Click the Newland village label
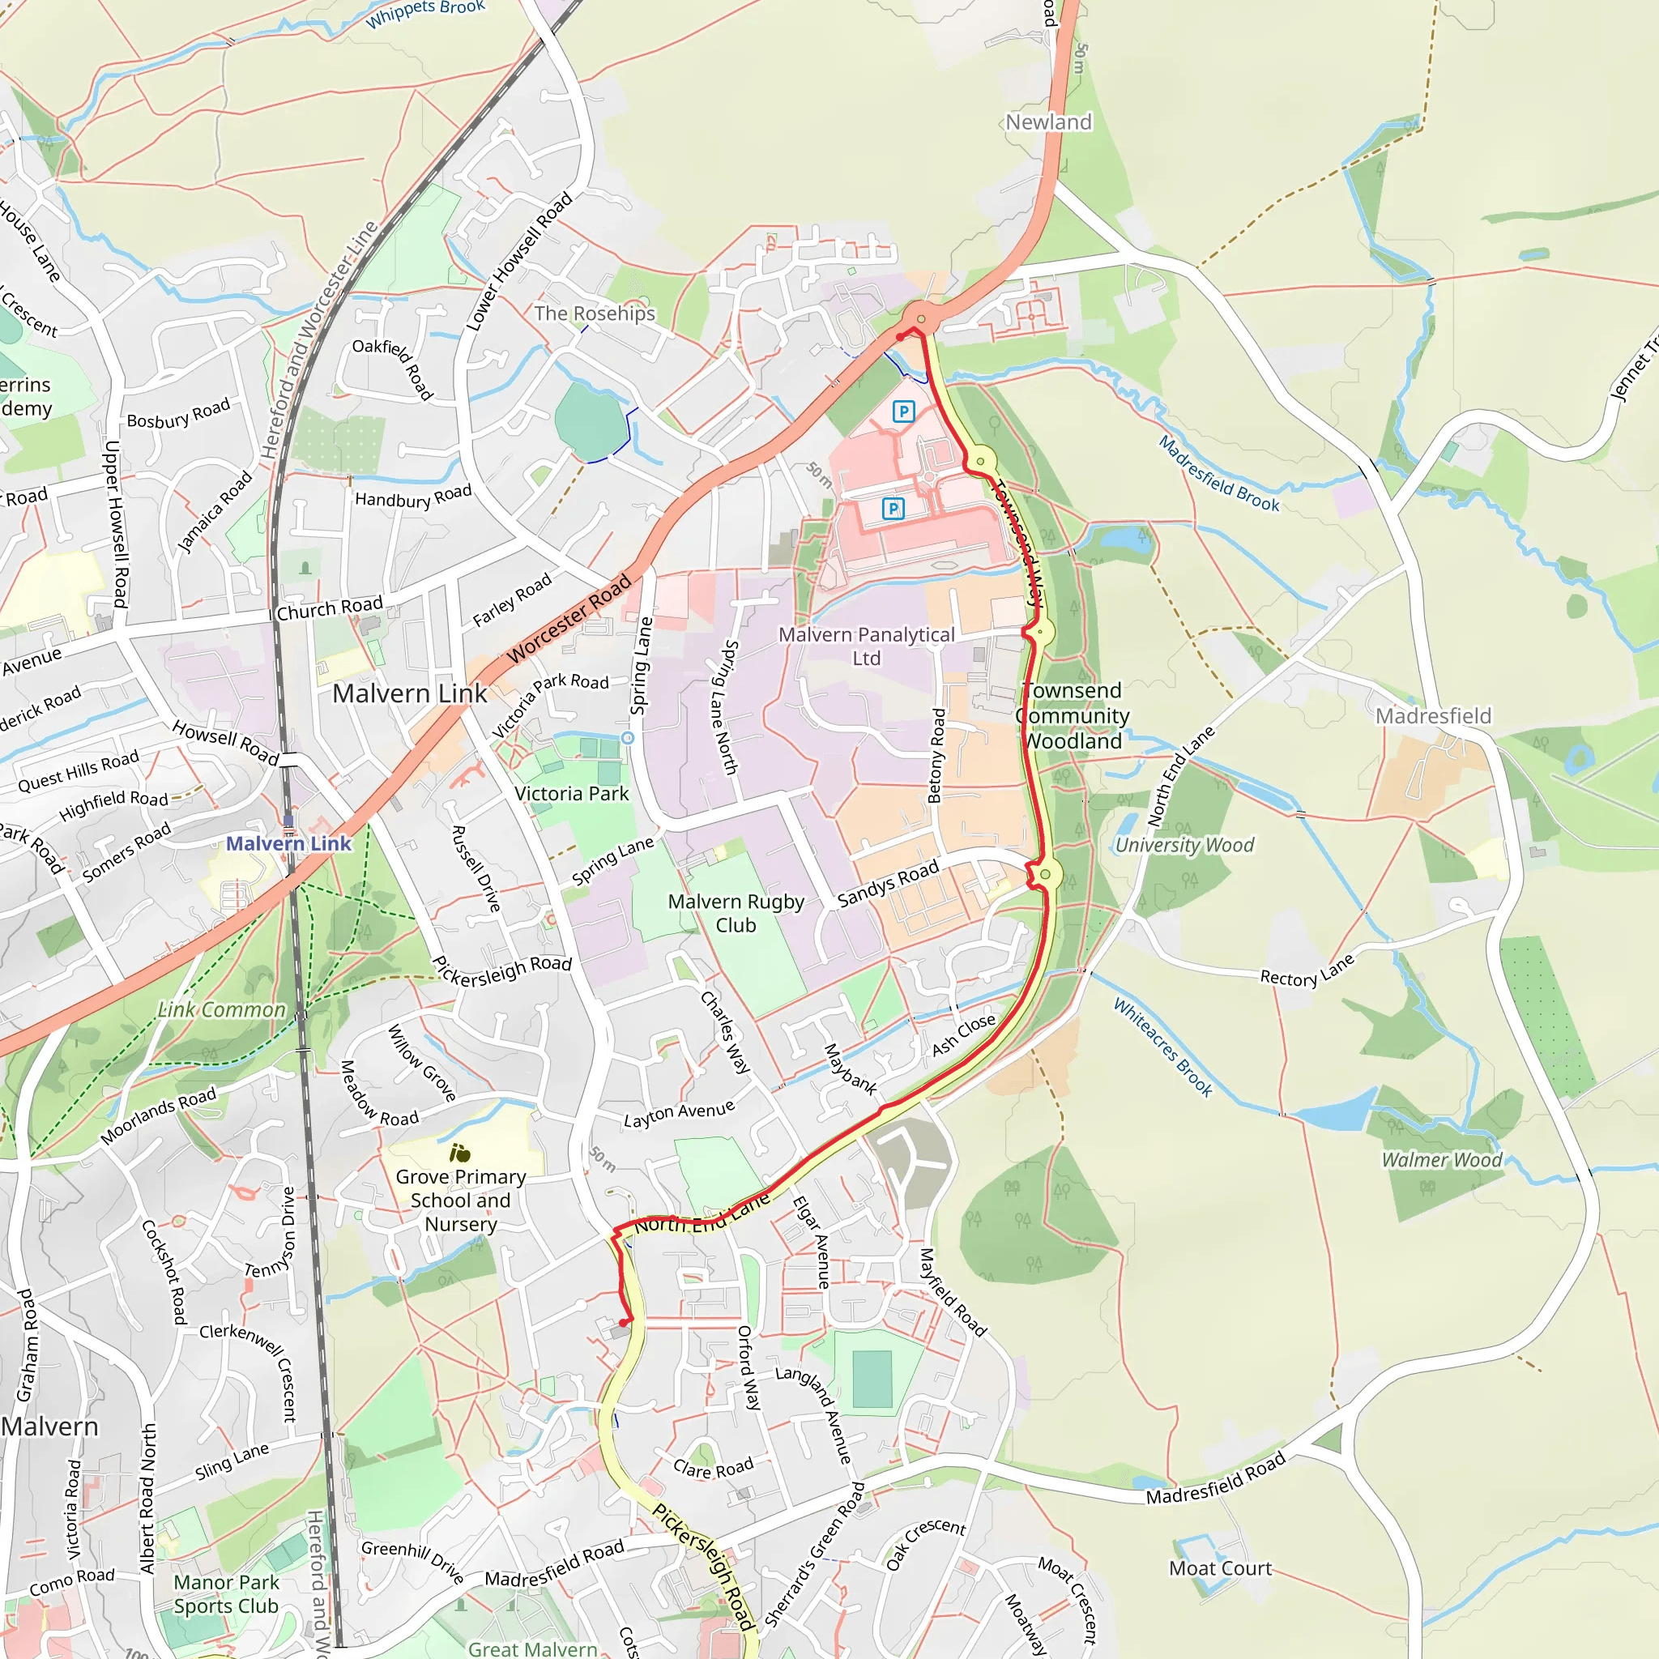[1048, 123]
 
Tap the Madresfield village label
[1433, 716]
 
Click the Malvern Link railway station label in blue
[288, 844]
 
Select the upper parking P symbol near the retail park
[903, 412]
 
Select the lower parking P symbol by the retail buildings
[893, 509]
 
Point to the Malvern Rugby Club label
[736, 914]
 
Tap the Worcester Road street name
[569, 618]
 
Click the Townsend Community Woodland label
[1073, 716]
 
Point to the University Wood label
[1184, 845]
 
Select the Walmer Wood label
[1442, 1160]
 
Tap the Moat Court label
[1219, 1569]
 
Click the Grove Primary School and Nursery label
[461, 1201]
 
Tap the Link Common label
[221, 1011]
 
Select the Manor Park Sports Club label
[227, 1593]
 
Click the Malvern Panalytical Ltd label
[867, 646]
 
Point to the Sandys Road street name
[888, 885]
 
